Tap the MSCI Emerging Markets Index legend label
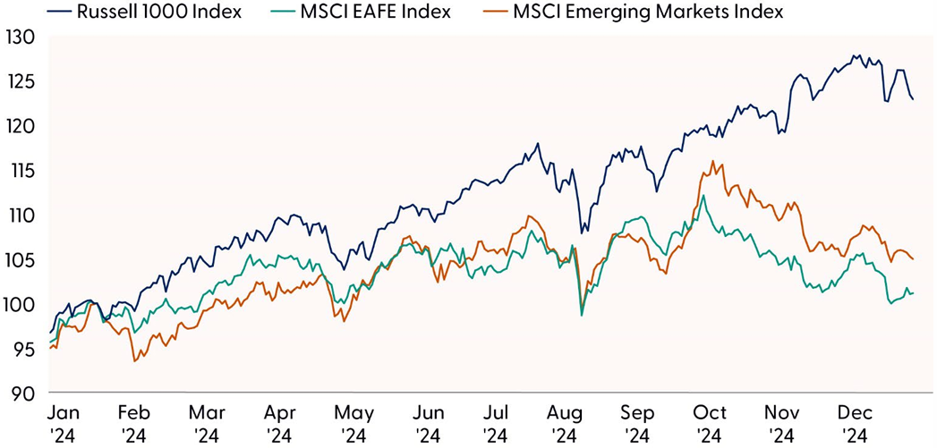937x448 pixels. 649,12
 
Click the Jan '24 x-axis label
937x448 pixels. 64,424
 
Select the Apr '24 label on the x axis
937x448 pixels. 280,424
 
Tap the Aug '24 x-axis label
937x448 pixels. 565,424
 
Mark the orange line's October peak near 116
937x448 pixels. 712,162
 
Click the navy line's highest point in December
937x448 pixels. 856,55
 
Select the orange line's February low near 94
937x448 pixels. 134,361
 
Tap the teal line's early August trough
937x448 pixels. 583,316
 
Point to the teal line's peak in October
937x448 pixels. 703,195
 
